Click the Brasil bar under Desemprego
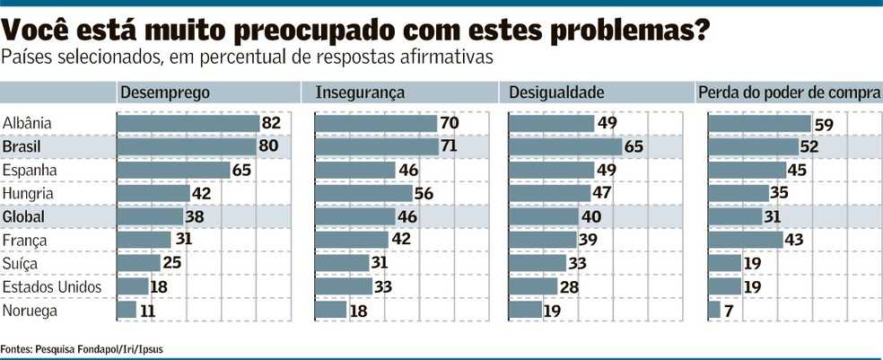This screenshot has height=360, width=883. point(187,147)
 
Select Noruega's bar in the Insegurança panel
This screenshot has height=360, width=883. point(330,310)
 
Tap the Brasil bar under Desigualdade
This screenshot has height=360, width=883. point(565,147)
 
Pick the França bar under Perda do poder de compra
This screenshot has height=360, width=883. point(746,240)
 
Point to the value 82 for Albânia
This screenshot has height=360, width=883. point(271,123)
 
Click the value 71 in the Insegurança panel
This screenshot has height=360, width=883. point(449,146)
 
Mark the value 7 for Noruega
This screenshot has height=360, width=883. point(728,311)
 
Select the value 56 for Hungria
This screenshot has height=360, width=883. point(424,193)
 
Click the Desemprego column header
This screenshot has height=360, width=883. point(165,93)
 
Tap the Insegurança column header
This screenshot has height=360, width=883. point(360,93)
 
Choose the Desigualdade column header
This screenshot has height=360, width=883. point(556,93)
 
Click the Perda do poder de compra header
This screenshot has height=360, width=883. point(789,93)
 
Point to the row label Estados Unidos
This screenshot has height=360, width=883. point(52,286)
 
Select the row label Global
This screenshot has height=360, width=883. point(23,217)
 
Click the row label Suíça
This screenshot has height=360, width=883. point(21,264)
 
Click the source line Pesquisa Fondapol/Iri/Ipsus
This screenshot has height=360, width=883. point(99,349)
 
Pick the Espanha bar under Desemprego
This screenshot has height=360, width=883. point(173,171)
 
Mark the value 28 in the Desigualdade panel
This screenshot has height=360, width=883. point(569,286)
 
